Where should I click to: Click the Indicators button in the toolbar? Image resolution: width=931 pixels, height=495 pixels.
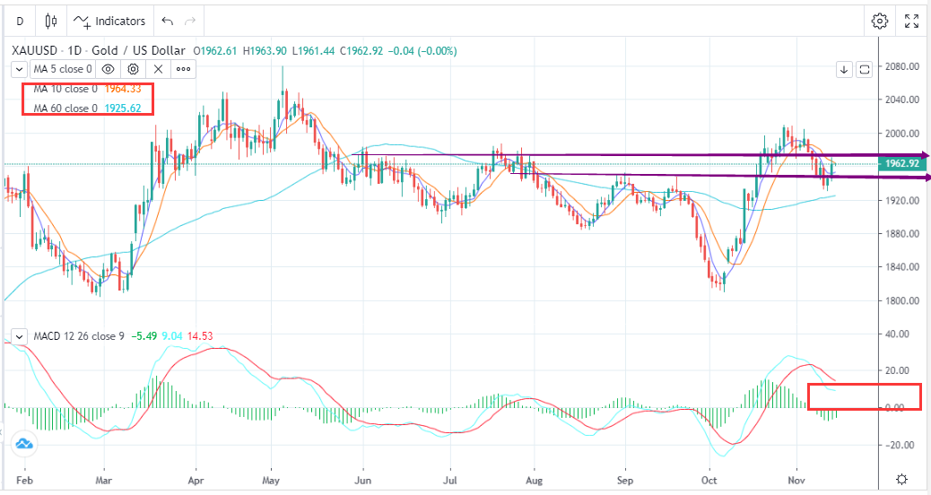click(x=109, y=21)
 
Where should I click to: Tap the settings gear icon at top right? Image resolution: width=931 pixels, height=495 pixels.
click(x=880, y=21)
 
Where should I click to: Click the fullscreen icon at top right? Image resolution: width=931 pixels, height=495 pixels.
click(x=911, y=21)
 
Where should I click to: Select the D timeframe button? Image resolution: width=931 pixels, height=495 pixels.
click(x=20, y=21)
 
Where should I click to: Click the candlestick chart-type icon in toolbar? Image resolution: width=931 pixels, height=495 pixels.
click(x=50, y=21)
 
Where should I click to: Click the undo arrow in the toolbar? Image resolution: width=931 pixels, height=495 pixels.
click(x=167, y=21)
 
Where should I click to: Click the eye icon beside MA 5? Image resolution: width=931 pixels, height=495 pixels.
click(x=108, y=68)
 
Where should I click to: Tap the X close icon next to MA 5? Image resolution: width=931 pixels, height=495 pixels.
click(x=158, y=68)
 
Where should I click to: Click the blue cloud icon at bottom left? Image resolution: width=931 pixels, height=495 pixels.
click(x=23, y=443)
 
